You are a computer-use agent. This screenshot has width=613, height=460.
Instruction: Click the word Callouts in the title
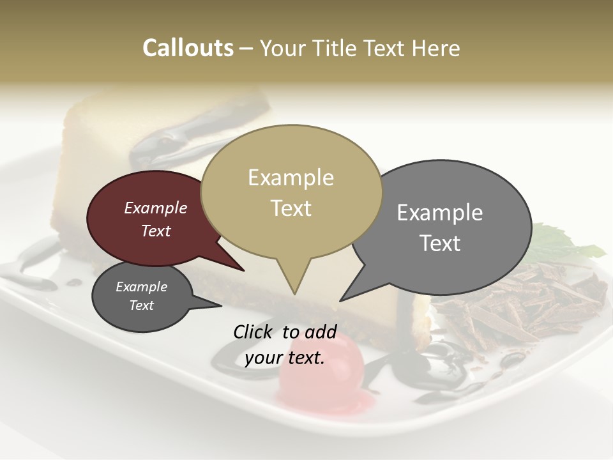188,48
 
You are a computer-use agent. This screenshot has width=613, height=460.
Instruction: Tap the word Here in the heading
434,48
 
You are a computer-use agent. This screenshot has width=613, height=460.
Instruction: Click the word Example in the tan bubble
291,178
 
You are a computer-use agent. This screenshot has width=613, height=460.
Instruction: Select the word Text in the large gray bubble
440,243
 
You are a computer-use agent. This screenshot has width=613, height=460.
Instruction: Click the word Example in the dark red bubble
156,208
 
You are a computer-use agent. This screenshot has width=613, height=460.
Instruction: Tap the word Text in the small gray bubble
142,305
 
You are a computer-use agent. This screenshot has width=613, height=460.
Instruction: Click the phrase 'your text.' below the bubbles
285,358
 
